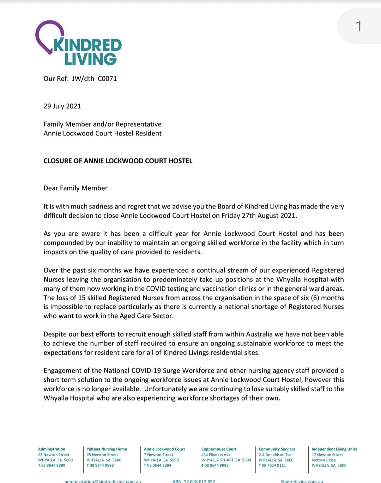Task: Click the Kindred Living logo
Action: pyautogui.click(x=78, y=43)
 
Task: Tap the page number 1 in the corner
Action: pyautogui.click(x=358, y=26)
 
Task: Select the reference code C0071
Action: pyautogui.click(x=107, y=79)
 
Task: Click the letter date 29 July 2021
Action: pyautogui.click(x=62, y=106)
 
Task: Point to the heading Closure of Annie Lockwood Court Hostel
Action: pyautogui.click(x=118, y=161)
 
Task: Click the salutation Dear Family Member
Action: pyautogui.click(x=75, y=188)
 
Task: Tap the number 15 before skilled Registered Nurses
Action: pyautogui.click(x=82, y=298)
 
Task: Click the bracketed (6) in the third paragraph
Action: pyautogui.click(x=315, y=298)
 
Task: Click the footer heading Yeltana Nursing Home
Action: pyautogui.click(x=107, y=449)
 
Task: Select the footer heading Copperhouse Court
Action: pyautogui.click(x=219, y=449)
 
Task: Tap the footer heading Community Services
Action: pyautogui.click(x=277, y=449)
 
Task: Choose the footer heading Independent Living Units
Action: pyautogui.click(x=334, y=449)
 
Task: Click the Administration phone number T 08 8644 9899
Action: pyautogui.click(x=52, y=465)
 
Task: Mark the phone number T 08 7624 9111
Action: pyautogui.click(x=272, y=465)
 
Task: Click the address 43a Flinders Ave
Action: pyautogui.click(x=216, y=455)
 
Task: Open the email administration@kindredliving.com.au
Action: pyautogui.click(x=103, y=481)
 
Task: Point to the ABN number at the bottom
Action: pyautogui.click(x=194, y=481)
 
